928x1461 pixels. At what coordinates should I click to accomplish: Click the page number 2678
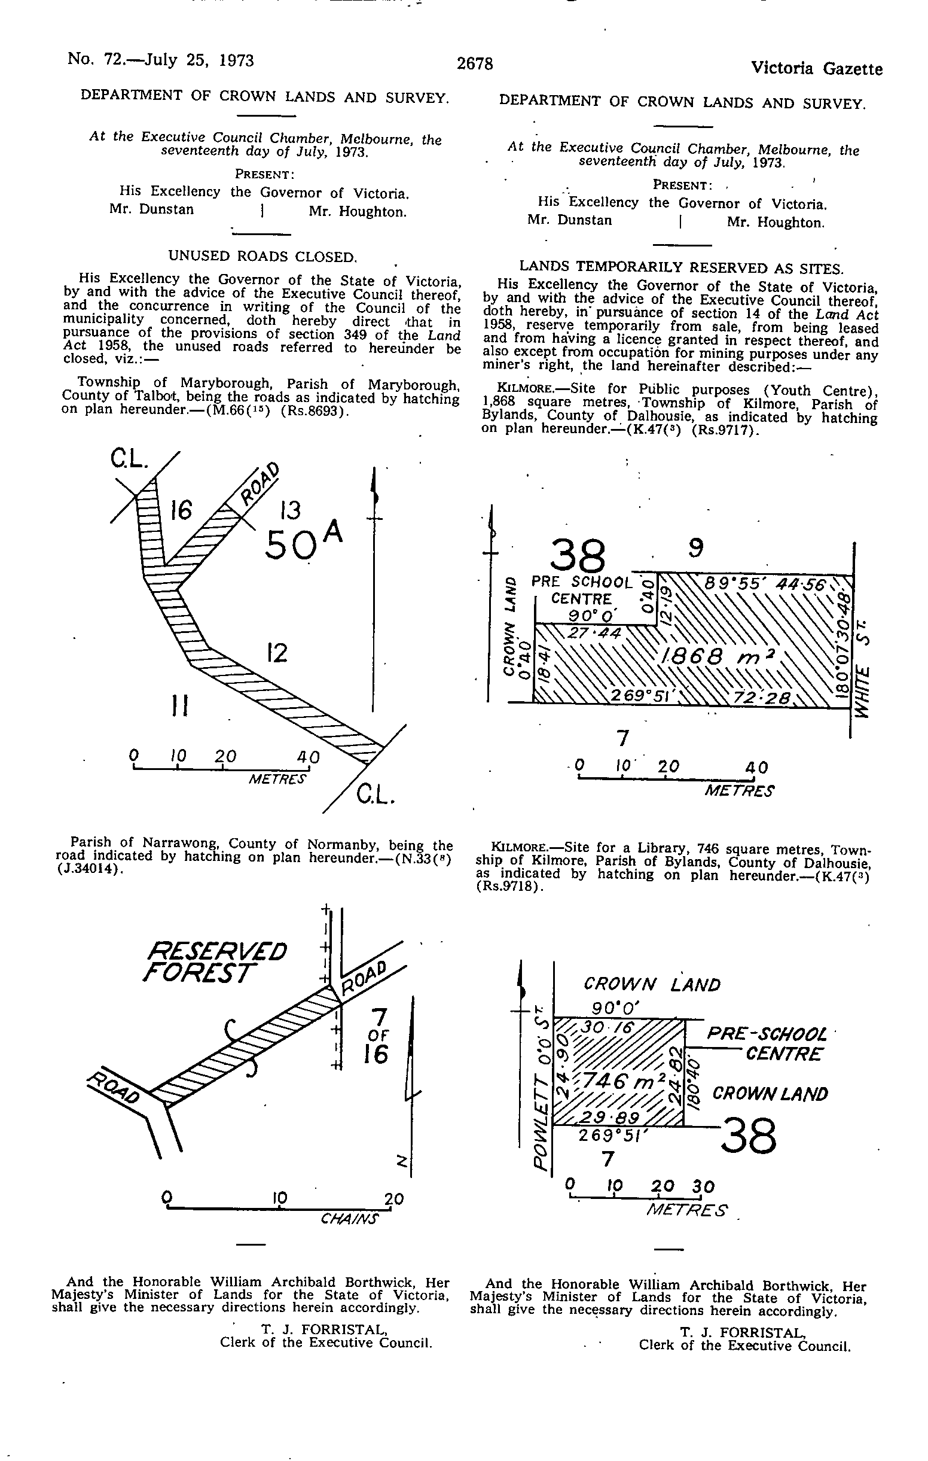point(475,63)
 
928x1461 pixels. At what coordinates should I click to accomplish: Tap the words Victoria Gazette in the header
point(816,69)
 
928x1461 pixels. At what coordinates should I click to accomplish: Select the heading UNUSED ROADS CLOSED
point(262,256)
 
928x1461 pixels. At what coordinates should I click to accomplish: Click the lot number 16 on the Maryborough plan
point(181,510)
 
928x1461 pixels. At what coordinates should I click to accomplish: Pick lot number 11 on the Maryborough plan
point(179,705)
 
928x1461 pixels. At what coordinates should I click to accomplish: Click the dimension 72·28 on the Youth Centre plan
point(762,698)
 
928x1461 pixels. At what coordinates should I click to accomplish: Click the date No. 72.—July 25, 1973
point(161,60)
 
